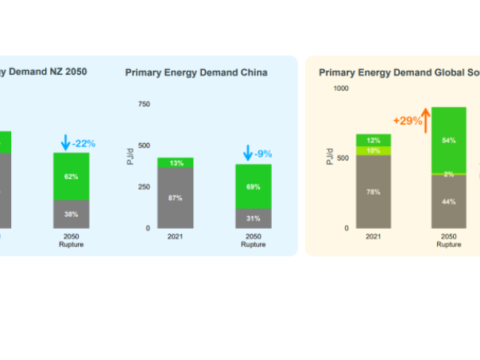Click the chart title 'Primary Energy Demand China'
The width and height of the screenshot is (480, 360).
[x=196, y=72]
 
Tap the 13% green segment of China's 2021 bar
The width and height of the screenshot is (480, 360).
[x=176, y=163]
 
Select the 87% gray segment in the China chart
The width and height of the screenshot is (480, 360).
[x=176, y=198]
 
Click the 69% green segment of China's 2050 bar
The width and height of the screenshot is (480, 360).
[x=253, y=186]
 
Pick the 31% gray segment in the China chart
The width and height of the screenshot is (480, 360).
[x=253, y=219]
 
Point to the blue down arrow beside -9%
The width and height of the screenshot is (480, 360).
[x=248, y=153]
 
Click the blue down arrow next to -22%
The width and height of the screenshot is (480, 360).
[x=65, y=143]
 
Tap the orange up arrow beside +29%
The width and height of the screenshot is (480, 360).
[x=426, y=121]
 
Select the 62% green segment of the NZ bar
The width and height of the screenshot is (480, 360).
[x=71, y=176]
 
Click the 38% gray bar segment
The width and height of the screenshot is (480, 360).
[x=71, y=214]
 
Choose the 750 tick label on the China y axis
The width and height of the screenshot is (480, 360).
[x=143, y=104]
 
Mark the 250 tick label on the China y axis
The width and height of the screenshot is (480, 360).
[x=143, y=187]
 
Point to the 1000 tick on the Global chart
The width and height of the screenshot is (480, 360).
[x=340, y=88]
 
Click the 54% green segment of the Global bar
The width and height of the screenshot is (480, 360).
[x=448, y=140]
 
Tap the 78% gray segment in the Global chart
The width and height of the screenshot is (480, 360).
[x=373, y=191]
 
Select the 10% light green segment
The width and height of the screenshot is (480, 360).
[x=373, y=150]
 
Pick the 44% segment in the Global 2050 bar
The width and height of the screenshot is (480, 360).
[x=448, y=201]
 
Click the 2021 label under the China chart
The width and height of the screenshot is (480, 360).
[x=176, y=236]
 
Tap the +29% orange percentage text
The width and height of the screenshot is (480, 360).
[x=407, y=121]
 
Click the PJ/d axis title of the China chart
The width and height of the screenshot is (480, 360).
[x=130, y=157]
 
